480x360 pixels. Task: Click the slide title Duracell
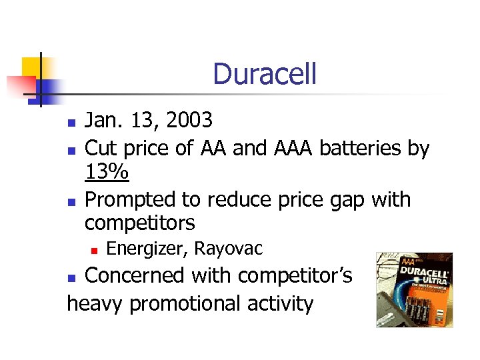(265, 74)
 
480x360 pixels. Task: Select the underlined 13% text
(107, 173)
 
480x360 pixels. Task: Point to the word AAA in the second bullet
(294, 147)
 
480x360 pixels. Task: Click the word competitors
(140, 222)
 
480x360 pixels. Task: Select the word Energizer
(147, 249)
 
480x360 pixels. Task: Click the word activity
(282, 303)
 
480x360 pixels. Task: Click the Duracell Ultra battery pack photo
(414, 289)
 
